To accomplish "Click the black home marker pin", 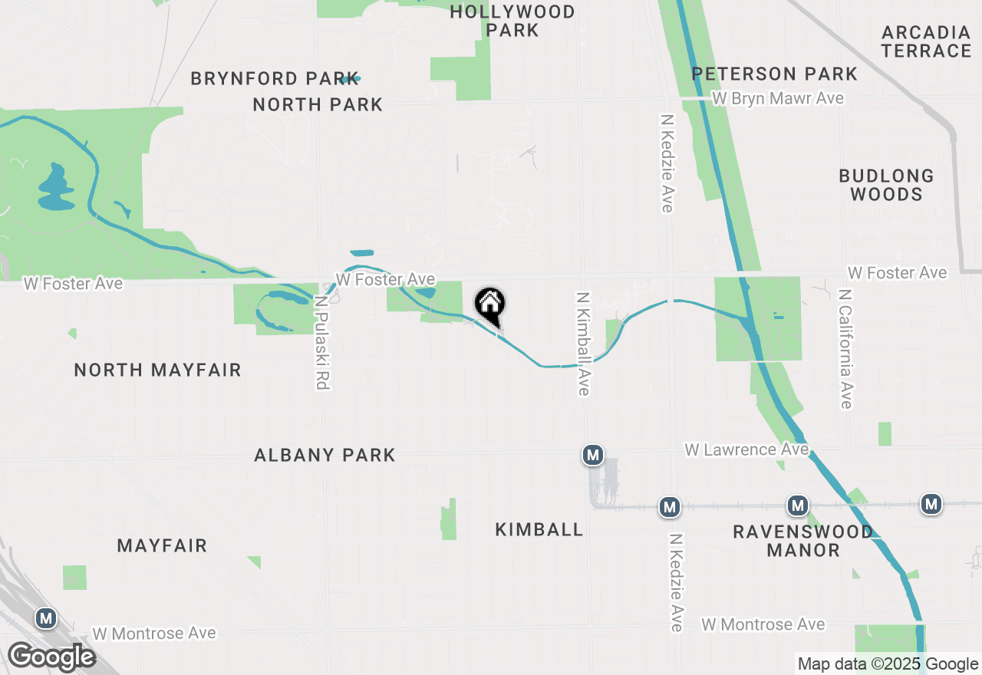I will (490, 305).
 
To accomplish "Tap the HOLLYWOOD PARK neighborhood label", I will (512, 21).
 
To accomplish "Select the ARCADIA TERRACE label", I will (926, 41).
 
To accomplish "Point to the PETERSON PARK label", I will (775, 74).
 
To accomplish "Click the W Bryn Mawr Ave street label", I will (778, 98).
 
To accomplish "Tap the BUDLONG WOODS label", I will (886, 185).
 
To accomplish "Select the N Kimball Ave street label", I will (583, 343).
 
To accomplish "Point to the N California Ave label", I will (845, 349).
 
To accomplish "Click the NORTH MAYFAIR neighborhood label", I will (158, 370).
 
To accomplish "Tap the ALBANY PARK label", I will (325, 455).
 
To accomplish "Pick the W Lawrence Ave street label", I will (746, 449).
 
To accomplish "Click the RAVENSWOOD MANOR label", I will (802, 541).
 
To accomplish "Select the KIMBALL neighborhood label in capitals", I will (539, 529).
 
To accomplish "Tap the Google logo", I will (51, 657).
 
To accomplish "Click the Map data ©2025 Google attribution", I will (888, 664).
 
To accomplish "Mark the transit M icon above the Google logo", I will (46, 618).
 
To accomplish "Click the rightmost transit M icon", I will (931, 504).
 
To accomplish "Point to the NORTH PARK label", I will (318, 104).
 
